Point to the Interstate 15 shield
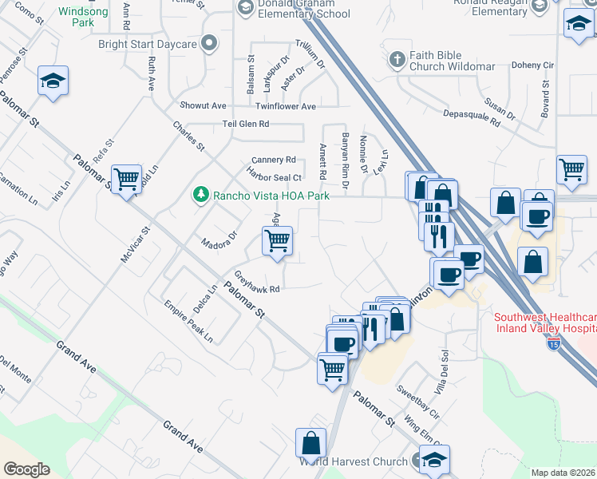coord(554,343)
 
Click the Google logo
coord(26,469)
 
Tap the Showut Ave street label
coord(203,105)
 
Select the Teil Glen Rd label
coord(246,124)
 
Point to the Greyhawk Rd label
coord(255,283)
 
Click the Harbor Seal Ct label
coord(274,176)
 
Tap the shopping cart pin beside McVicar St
coord(126,179)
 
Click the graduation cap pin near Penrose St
coord(53,81)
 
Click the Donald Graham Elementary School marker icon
coord(246,6)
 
